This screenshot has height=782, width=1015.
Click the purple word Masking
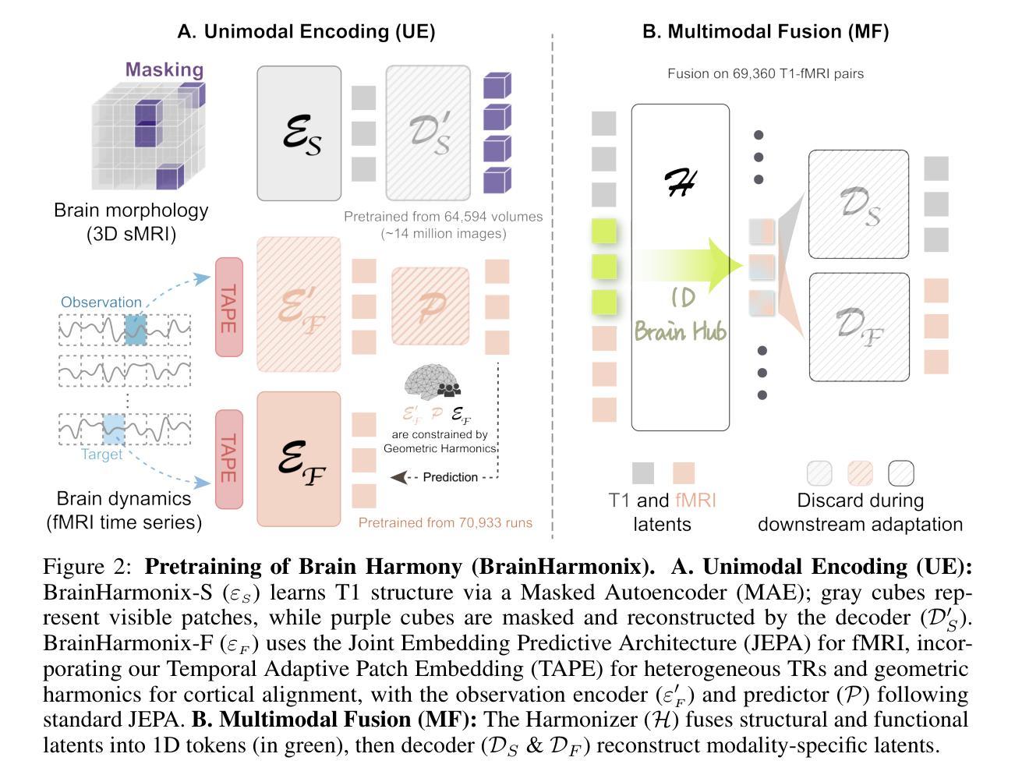(164, 69)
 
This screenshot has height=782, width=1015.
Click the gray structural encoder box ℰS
(299, 133)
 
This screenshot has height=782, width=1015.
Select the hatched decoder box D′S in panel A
(428, 133)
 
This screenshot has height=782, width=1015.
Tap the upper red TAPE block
(228, 307)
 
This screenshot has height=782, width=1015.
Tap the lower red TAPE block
(228, 459)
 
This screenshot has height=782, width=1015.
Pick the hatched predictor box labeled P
(430, 306)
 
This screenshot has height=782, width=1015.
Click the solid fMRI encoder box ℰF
(299, 459)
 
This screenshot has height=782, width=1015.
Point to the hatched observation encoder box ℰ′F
(299, 304)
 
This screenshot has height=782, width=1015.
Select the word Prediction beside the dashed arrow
(450, 477)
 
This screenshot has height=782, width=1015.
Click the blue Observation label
(101, 303)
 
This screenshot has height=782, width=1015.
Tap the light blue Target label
(102, 455)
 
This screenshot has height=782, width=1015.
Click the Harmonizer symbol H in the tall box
(680, 184)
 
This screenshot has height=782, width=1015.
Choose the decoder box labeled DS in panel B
(858, 204)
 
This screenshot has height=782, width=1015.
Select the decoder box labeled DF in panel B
(858, 327)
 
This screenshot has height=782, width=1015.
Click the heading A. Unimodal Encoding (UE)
(306, 31)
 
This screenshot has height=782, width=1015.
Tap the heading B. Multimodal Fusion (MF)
(766, 31)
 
